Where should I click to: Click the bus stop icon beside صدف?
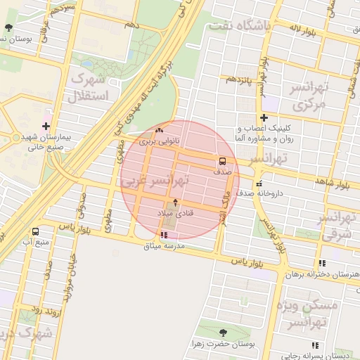coord(222,161)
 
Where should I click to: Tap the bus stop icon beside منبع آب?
coord(35,231)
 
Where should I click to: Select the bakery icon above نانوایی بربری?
coord(159,130)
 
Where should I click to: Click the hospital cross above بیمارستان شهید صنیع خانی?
coord(46,127)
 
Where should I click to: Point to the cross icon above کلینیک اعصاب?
coord(264,117)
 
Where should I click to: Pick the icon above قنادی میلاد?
coord(175,202)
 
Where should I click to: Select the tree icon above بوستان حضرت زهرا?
coord(223,333)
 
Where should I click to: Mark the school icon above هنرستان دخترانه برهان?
coord(323,263)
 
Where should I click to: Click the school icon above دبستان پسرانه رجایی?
coord(314,345)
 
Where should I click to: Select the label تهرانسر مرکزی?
coord(310,97)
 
